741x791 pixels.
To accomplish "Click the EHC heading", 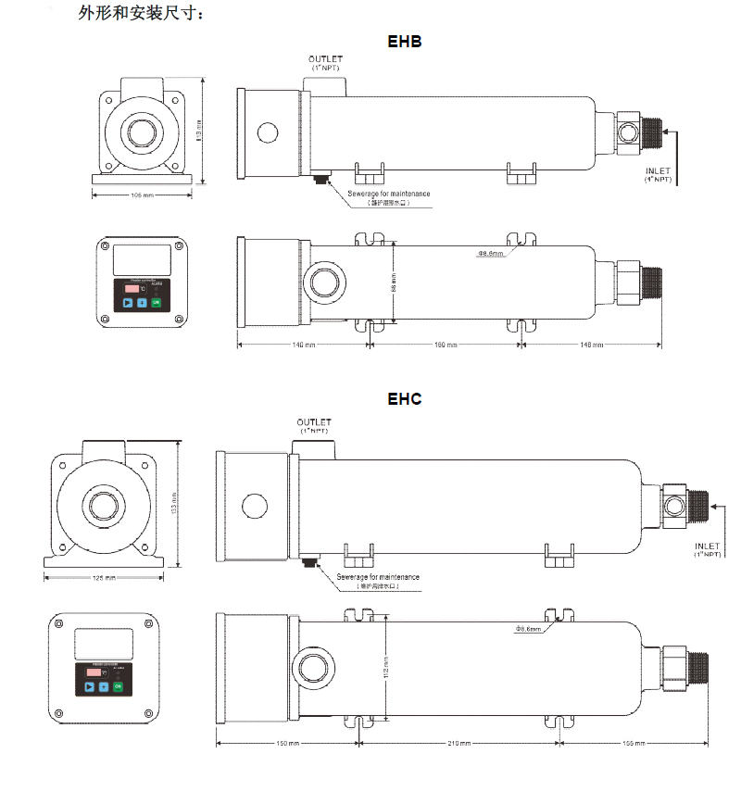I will [x=405, y=399].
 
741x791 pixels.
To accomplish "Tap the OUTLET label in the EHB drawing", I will [x=325, y=60].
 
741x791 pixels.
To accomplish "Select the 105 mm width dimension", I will [x=142, y=195].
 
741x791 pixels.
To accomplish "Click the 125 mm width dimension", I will [x=105, y=577].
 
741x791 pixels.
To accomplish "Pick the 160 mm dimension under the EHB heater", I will [x=446, y=345].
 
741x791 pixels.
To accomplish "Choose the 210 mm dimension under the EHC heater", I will [x=458, y=743].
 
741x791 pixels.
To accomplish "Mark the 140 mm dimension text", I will [x=304, y=345].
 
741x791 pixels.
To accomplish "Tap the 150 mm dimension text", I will [x=288, y=743].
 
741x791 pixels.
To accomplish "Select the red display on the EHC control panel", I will [x=92, y=673].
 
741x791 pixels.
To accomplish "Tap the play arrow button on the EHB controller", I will [x=127, y=303].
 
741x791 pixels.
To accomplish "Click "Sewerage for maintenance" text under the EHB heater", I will [x=389, y=193].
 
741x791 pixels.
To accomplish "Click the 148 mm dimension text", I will [x=591, y=345].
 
